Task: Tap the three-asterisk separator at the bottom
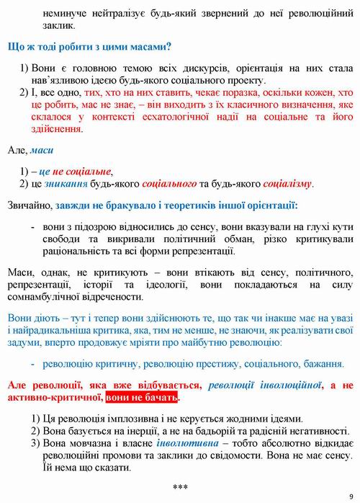[180, 488]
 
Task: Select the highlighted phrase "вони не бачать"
[143, 397]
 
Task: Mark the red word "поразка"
[214, 93]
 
